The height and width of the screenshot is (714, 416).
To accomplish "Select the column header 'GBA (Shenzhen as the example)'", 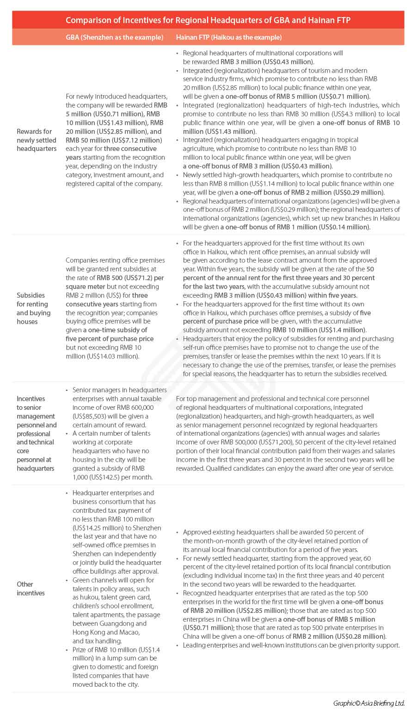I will tap(115, 37).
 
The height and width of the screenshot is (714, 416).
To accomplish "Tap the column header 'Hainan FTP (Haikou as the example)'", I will tap(229, 37).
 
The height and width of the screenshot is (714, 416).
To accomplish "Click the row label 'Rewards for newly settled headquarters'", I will tap(37, 140).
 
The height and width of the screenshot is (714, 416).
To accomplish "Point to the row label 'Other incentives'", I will tap(31, 588).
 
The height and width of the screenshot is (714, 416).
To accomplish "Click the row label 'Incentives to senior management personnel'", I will tap(37, 433).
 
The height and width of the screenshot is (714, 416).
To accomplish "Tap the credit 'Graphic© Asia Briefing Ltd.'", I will tap(369, 703).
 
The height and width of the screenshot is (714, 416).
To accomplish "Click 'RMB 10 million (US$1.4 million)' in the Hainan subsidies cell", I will tap(319, 330).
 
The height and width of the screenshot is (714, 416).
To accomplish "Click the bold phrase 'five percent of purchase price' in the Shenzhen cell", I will tap(110, 339).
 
